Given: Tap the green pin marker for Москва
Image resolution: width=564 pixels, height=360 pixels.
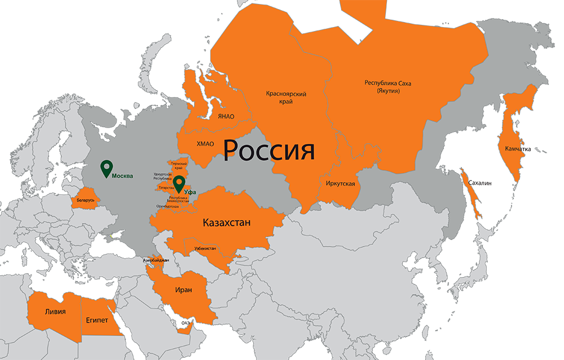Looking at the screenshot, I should (x=106, y=168).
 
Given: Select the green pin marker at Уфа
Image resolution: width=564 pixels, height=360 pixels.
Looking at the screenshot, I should (x=179, y=183).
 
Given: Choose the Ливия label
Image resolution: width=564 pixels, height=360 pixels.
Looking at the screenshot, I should (x=55, y=311).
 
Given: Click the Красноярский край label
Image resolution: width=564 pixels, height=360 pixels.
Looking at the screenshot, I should (x=286, y=98).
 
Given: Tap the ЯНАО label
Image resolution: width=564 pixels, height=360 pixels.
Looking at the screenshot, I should (x=226, y=117).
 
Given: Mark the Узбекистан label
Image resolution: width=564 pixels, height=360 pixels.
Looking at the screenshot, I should (x=205, y=248).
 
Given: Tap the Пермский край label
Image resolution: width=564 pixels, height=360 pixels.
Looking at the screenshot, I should (x=178, y=165).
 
